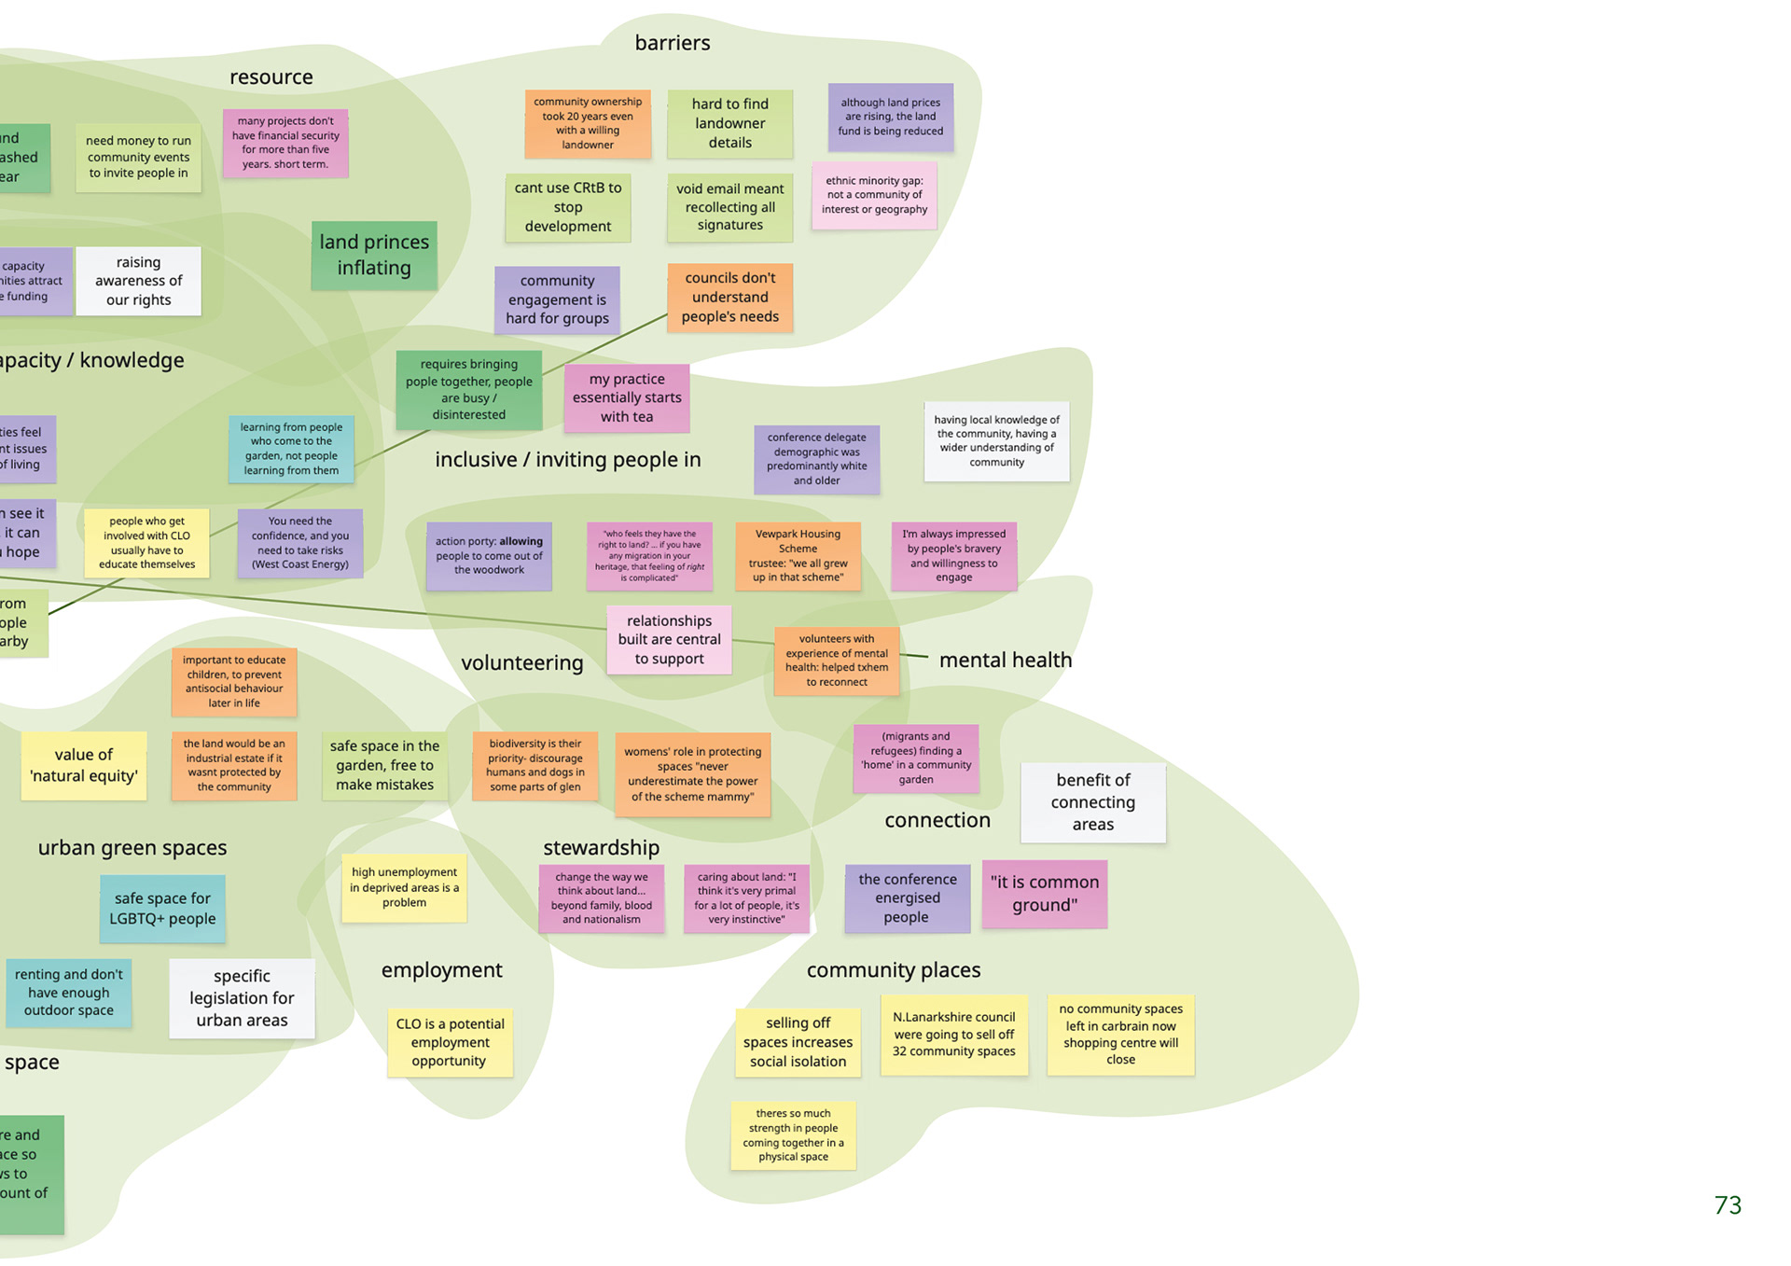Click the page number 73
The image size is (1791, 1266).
coord(1728,1205)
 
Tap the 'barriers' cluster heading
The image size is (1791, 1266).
coord(672,43)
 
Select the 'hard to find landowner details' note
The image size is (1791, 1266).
coord(729,123)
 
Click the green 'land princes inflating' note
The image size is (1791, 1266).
coord(374,255)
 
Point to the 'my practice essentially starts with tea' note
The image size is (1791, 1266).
coord(627,397)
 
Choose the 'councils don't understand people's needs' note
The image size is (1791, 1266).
coord(729,298)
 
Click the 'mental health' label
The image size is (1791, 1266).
coord(1005,661)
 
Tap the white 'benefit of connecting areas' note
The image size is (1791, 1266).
coord(1092,802)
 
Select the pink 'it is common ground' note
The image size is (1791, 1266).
coord(1044,894)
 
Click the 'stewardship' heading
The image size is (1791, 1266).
coord(601,848)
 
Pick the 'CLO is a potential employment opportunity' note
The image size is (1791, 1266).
coord(450,1042)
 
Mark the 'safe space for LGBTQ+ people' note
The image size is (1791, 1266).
coord(162,909)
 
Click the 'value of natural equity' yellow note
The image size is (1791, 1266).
coord(84,766)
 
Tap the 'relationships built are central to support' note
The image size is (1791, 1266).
coord(669,640)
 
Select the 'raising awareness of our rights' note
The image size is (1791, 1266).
coord(138,281)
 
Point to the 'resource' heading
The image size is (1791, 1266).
coord(271,77)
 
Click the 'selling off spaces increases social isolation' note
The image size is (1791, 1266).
coord(798,1042)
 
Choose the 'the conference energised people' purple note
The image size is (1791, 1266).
coord(907,898)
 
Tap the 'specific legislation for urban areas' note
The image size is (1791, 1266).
coord(242,998)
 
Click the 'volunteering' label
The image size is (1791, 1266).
coord(521,663)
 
